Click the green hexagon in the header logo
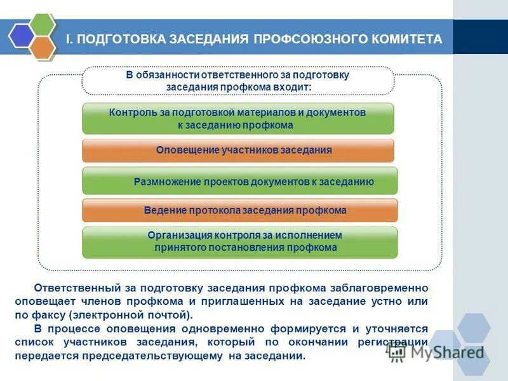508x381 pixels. (43, 25)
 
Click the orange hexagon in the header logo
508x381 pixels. (43, 48)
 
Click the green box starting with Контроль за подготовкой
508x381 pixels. (237, 119)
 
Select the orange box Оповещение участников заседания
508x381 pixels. (237, 150)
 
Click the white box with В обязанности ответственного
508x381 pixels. (238, 81)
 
